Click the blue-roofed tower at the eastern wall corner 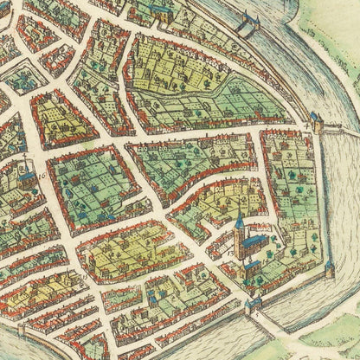pos(315,120)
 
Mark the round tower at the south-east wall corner pos(330,269)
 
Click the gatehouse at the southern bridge pos(253,304)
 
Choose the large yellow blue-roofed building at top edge pos(162,11)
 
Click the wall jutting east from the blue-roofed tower pos(333,127)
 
